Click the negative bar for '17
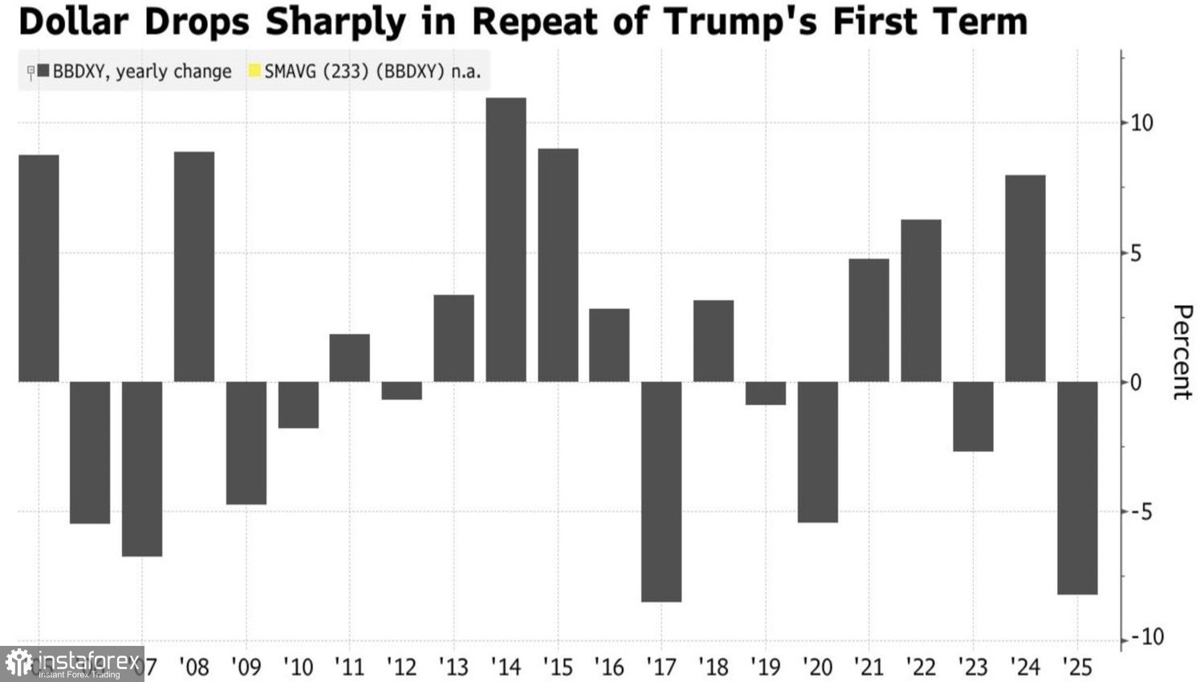click(661, 491)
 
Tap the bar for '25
click(1077, 488)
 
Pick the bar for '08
click(194, 266)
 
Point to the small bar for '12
click(401, 391)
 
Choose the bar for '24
click(1025, 278)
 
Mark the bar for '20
click(817, 452)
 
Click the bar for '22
click(921, 301)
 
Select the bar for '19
click(766, 393)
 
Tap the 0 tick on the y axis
click(1136, 383)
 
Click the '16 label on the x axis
click(609, 667)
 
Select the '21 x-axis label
click(868, 667)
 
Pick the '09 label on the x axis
click(246, 667)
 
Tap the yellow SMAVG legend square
click(255, 71)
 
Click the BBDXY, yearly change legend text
click(142, 71)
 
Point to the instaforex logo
click(72, 664)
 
